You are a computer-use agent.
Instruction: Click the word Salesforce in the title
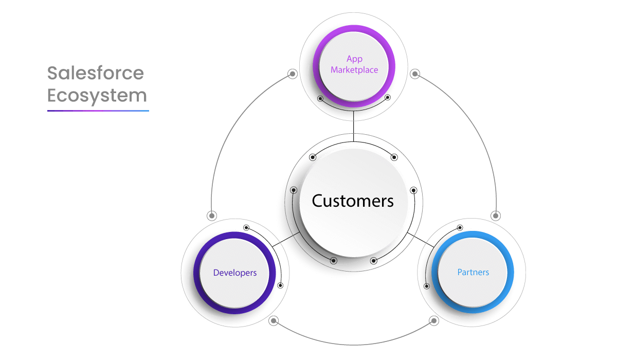(x=96, y=73)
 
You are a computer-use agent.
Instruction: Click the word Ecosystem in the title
(x=97, y=95)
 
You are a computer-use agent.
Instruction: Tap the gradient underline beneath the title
(x=98, y=110)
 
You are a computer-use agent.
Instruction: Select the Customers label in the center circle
(x=353, y=201)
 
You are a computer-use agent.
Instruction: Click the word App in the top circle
(x=354, y=59)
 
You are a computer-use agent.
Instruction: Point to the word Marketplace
(x=354, y=69)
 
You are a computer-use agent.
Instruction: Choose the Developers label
(x=235, y=272)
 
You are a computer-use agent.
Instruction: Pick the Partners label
(x=473, y=272)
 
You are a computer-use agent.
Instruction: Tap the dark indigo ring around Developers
(x=197, y=273)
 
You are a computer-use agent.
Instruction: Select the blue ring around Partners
(x=512, y=272)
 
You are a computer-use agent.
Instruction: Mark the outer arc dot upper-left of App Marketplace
(x=292, y=74)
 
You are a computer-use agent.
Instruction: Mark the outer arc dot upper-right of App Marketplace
(x=415, y=74)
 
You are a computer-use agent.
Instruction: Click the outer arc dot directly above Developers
(x=211, y=215)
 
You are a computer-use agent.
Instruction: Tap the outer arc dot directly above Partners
(x=496, y=215)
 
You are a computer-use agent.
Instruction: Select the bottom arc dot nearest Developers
(x=274, y=321)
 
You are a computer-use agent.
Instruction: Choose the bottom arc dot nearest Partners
(x=434, y=321)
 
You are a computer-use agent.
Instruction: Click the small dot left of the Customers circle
(x=294, y=190)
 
